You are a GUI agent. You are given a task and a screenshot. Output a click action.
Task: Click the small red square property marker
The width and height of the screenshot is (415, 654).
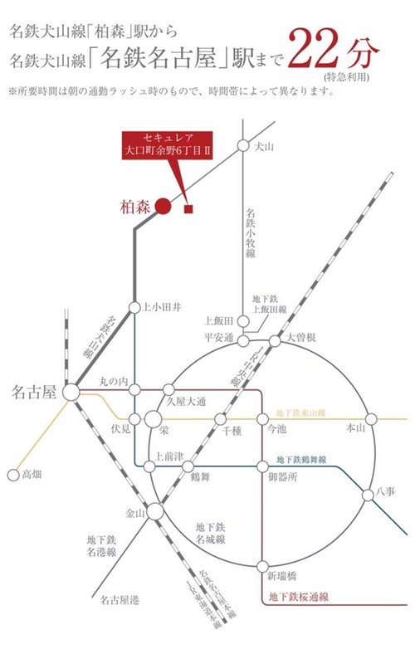point(189,208)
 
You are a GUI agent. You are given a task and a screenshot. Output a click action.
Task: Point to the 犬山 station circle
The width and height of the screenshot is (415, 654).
point(242,145)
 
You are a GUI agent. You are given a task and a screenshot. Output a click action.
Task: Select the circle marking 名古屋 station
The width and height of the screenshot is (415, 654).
point(71,390)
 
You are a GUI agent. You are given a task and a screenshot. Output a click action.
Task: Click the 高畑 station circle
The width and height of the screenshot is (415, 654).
point(12,476)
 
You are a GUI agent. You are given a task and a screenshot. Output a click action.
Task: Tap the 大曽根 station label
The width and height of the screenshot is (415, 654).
point(303,338)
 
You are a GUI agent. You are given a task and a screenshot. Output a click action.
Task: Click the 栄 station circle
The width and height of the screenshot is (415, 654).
point(153,420)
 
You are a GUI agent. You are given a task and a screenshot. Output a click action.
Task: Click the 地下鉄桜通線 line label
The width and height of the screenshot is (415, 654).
point(300,597)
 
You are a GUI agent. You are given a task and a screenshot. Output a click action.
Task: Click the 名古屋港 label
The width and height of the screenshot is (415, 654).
point(119,598)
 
